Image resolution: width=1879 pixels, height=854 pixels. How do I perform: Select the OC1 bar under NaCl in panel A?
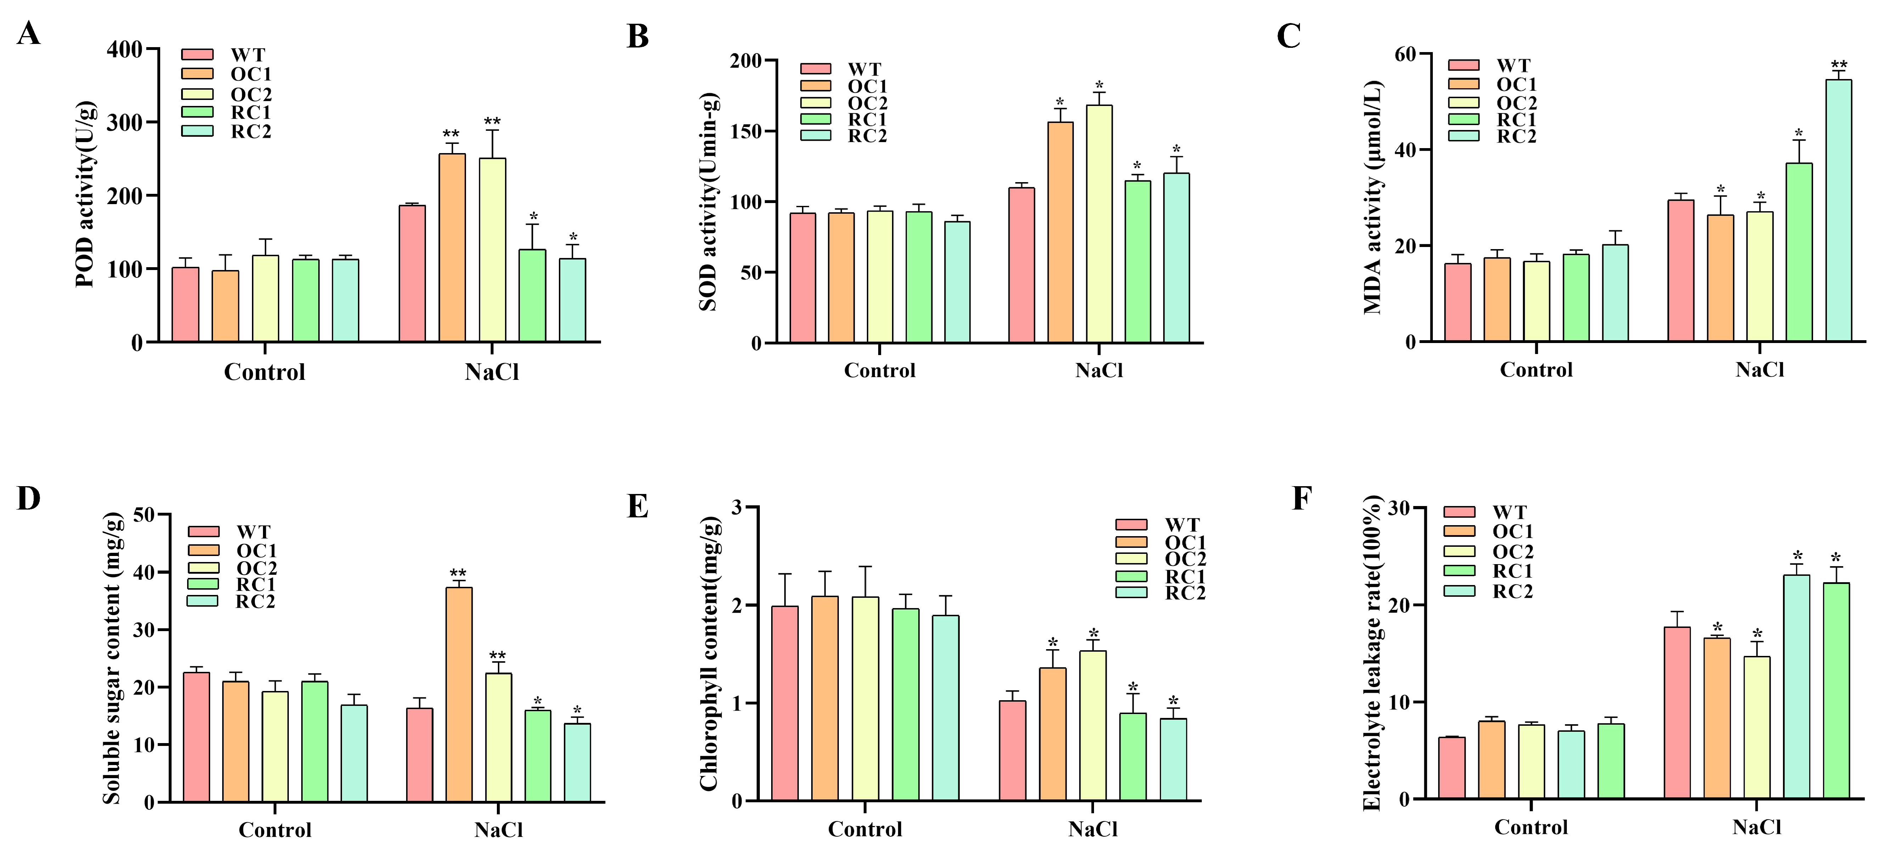(x=451, y=248)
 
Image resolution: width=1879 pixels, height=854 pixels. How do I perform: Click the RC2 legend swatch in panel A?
(x=197, y=131)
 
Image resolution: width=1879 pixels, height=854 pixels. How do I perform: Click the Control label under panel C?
(x=1536, y=370)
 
